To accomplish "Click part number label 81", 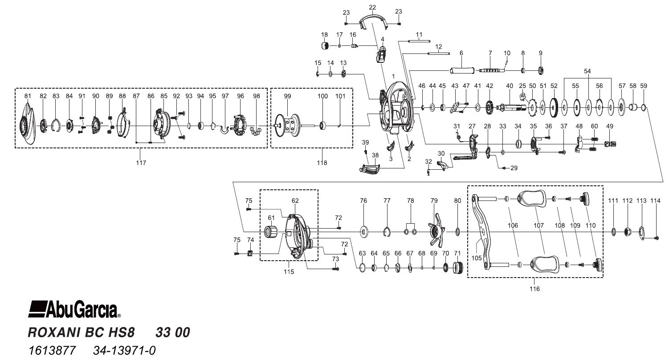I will (x=28, y=96).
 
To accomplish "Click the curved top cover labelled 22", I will (x=372, y=20).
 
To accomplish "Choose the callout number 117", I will (x=141, y=163).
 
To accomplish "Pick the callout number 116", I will (x=534, y=289).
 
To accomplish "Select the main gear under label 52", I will (x=554, y=106).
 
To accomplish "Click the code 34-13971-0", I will (x=124, y=350).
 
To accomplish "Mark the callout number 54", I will (x=587, y=71).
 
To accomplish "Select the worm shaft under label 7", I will (x=492, y=70).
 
